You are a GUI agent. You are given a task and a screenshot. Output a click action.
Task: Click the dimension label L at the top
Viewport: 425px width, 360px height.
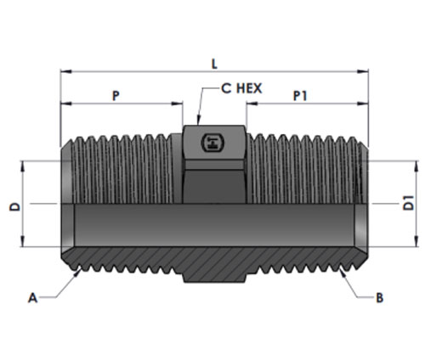(x=214, y=64)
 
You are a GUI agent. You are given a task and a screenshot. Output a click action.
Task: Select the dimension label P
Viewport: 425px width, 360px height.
(x=116, y=96)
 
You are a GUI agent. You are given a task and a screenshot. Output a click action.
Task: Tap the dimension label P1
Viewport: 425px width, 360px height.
(x=300, y=96)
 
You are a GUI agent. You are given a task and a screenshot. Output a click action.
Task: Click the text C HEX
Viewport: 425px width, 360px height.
(x=241, y=88)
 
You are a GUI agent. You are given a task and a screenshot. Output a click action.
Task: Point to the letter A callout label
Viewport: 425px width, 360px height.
(x=32, y=298)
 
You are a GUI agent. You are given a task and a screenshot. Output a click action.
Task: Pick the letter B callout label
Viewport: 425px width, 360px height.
(x=379, y=298)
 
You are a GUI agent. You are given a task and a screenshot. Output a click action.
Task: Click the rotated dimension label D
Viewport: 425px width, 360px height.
(x=15, y=206)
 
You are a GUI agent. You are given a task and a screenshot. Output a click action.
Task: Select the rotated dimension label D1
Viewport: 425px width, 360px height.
(x=408, y=203)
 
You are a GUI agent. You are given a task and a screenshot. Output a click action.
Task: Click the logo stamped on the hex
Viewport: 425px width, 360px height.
(x=212, y=143)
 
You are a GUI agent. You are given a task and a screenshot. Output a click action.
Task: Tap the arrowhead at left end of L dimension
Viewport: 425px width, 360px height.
(x=66, y=71)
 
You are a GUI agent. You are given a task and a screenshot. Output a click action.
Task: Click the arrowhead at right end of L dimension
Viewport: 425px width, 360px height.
(x=363, y=71)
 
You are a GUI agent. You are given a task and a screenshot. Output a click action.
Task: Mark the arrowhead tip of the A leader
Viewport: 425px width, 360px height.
(x=79, y=270)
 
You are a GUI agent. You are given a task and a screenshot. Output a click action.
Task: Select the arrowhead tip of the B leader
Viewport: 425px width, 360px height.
(x=340, y=269)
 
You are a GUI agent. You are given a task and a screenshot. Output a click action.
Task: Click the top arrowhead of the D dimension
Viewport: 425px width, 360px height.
(x=23, y=166)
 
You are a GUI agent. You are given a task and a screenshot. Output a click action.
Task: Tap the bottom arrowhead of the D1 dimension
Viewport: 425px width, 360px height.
(x=416, y=241)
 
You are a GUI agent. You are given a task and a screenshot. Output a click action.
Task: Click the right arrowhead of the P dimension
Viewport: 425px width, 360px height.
(x=177, y=104)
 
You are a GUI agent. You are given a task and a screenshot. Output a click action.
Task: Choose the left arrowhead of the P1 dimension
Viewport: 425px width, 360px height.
(x=252, y=104)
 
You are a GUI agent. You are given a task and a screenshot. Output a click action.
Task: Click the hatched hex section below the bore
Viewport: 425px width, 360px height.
(x=214, y=265)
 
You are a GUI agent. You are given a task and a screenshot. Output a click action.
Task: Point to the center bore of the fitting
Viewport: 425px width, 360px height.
(x=214, y=225)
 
